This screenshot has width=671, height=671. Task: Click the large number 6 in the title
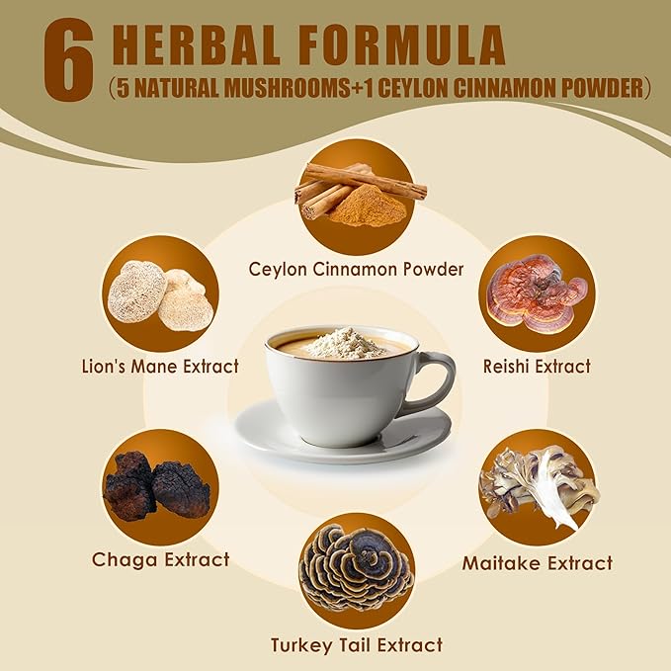coord(67,62)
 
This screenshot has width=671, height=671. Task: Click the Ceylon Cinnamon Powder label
coord(356,269)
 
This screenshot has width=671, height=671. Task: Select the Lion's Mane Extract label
coord(160,367)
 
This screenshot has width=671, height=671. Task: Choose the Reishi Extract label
coord(538,367)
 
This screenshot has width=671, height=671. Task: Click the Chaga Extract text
coord(160,560)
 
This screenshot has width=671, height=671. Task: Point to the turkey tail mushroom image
coord(356,570)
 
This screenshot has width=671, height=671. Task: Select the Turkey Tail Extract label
coord(356,645)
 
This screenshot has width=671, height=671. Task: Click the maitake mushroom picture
coord(539,485)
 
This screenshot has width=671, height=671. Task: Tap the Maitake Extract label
coord(538,563)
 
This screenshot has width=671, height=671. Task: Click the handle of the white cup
coord(436,380)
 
